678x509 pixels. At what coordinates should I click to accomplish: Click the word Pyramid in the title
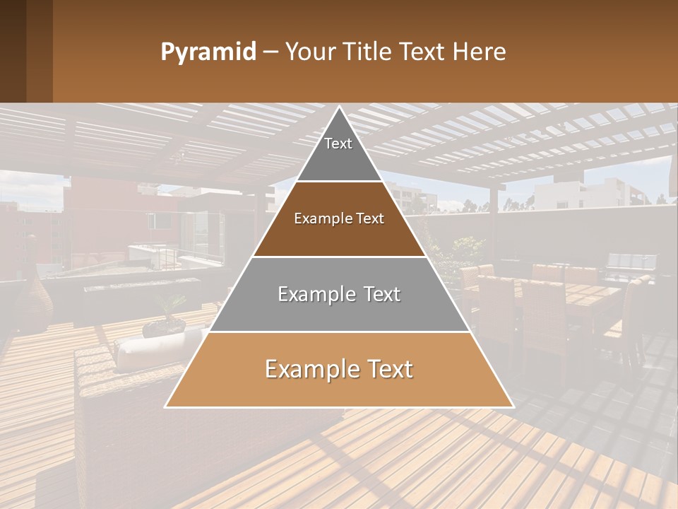point(208,52)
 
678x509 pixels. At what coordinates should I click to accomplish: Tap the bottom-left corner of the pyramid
point(167,406)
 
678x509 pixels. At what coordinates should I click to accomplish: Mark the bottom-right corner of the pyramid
point(512,406)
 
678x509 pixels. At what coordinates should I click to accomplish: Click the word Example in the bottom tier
point(307,370)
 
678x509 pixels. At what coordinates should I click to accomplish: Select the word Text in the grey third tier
point(378,294)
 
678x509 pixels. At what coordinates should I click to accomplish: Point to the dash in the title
point(270,52)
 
